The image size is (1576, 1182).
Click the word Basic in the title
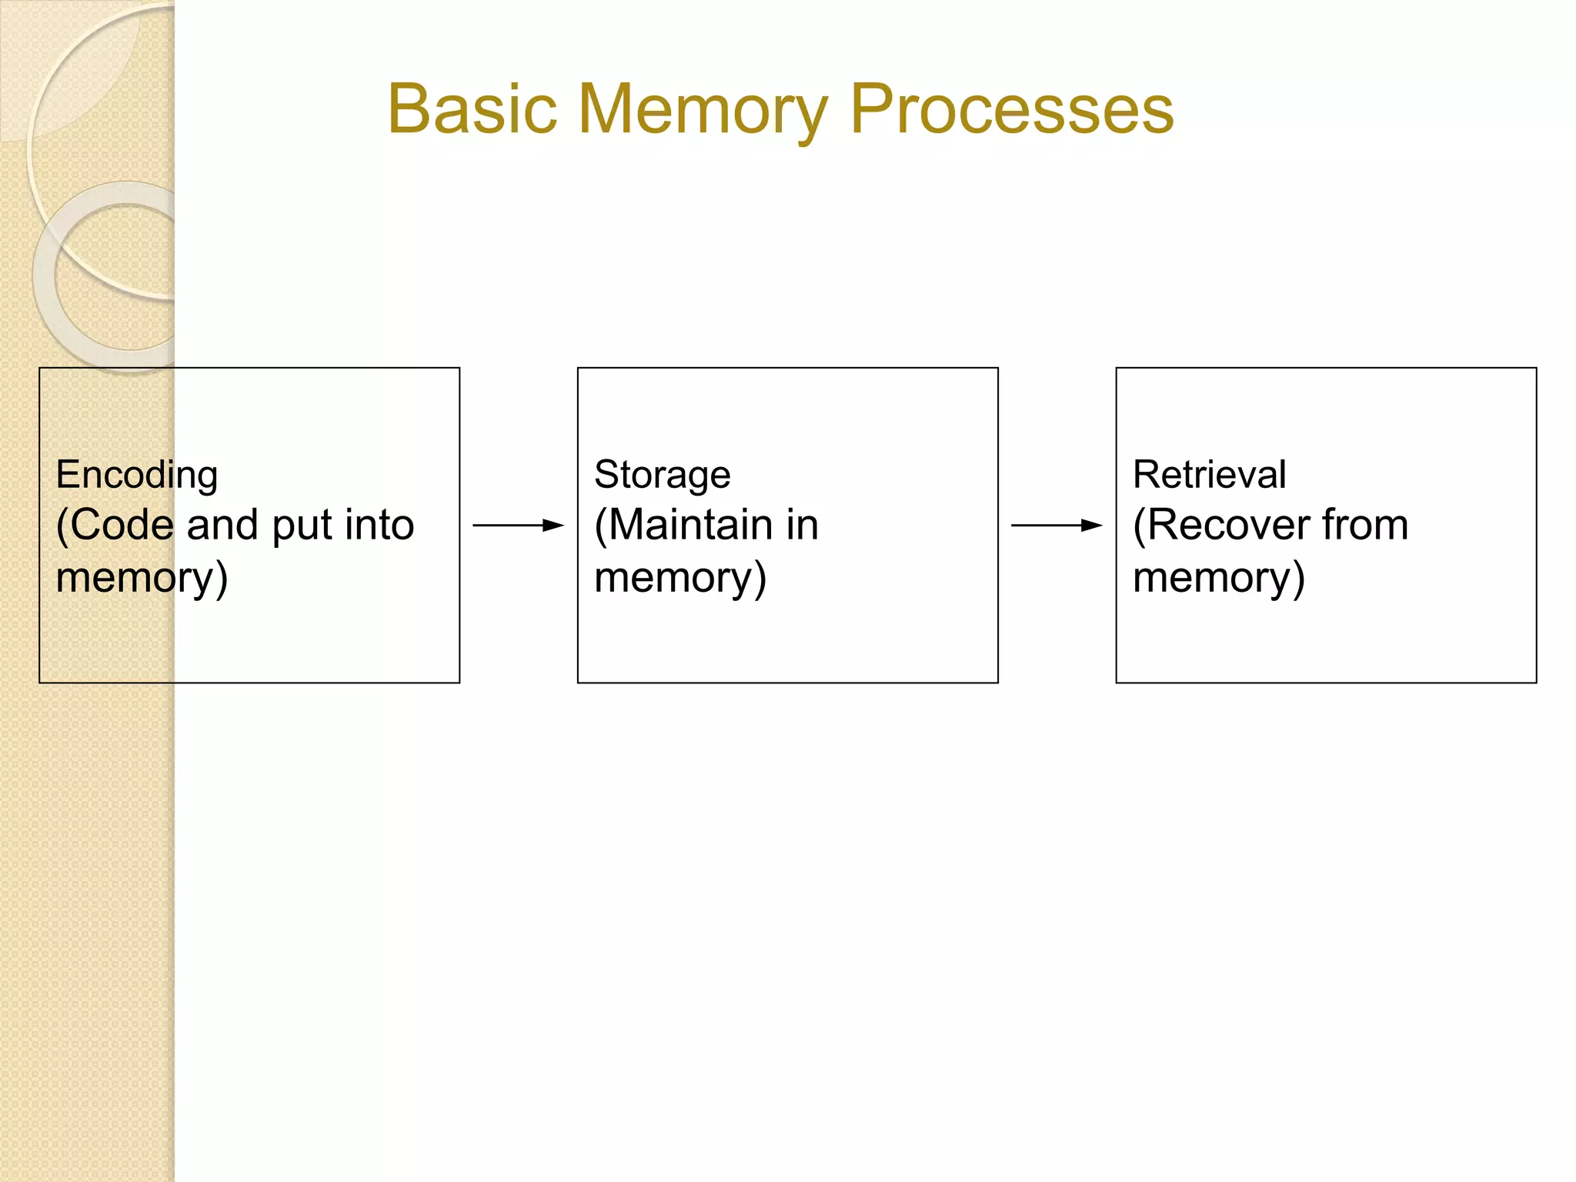pyautogui.click(x=472, y=109)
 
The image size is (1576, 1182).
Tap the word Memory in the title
pyautogui.click(x=703, y=109)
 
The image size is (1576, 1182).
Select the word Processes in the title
pyautogui.click(x=1011, y=109)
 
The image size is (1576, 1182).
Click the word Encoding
pyautogui.click(x=137, y=475)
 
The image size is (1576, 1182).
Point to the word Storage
pyautogui.click(x=662, y=475)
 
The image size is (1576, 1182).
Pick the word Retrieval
pyautogui.click(x=1209, y=474)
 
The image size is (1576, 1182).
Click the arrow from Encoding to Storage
pyautogui.click(x=518, y=526)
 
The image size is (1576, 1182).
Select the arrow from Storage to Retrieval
pyautogui.click(x=1057, y=526)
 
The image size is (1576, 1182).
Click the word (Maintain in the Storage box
pyautogui.click(x=683, y=526)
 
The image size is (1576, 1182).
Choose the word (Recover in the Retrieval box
pyautogui.click(x=1220, y=526)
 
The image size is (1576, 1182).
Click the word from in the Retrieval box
pyautogui.click(x=1365, y=525)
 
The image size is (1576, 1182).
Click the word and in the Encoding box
pyautogui.click(x=222, y=525)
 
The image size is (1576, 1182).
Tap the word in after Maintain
pyautogui.click(x=802, y=525)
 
